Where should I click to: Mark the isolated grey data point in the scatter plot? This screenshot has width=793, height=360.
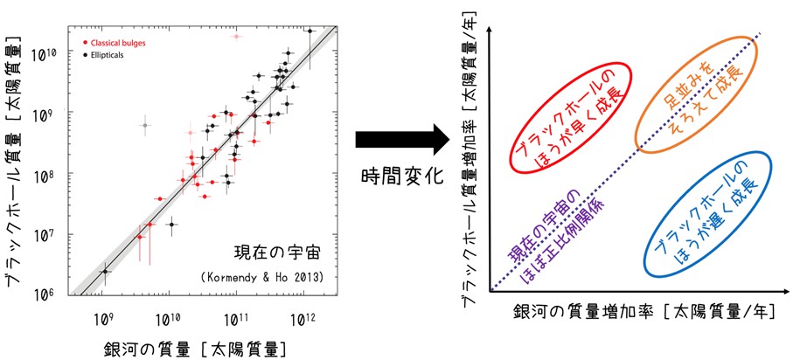click(144, 125)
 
